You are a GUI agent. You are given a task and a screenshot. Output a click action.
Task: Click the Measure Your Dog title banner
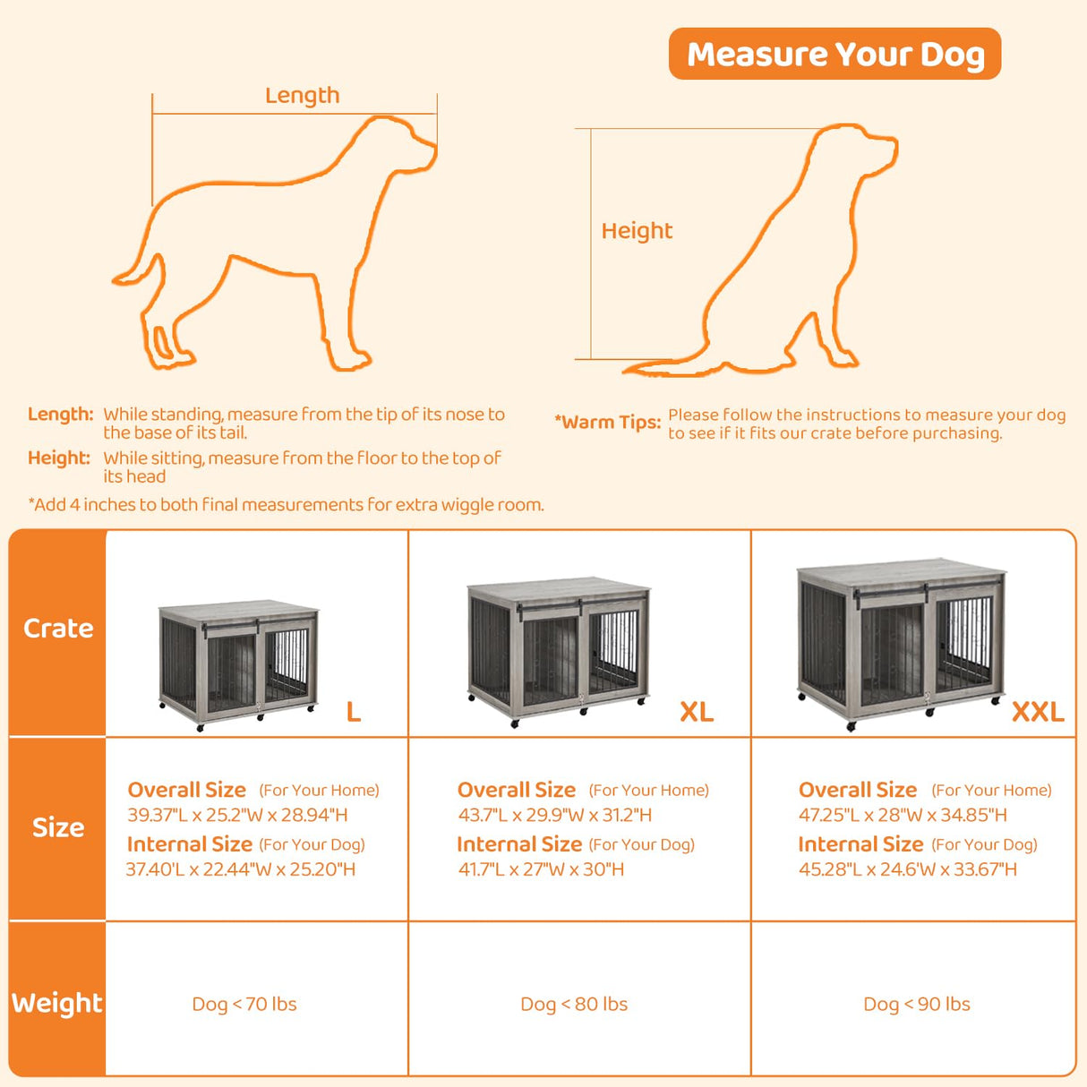(x=835, y=54)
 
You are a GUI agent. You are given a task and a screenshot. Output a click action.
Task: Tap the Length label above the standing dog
(x=302, y=95)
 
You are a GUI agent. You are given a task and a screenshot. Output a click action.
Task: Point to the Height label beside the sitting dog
(x=636, y=230)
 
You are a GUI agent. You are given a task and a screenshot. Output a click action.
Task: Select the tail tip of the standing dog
(x=117, y=280)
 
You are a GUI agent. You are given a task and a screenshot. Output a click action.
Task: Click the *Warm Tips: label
(x=607, y=422)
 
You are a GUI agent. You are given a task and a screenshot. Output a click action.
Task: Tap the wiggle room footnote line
(x=286, y=504)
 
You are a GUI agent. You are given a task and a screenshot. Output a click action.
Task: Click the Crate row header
(x=58, y=629)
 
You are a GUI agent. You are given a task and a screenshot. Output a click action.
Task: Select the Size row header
(x=58, y=827)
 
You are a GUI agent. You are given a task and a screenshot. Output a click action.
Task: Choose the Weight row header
(x=57, y=1003)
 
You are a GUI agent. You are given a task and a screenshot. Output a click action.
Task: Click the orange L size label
(x=354, y=712)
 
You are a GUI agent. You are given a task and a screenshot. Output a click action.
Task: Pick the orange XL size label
(x=696, y=712)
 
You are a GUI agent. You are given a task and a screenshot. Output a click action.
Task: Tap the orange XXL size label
(x=1037, y=712)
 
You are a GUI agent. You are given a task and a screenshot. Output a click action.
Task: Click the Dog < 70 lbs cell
(x=244, y=1004)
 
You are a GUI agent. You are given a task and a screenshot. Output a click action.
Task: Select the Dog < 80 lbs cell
(x=574, y=1004)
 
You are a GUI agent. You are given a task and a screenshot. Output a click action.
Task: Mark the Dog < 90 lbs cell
(x=916, y=1004)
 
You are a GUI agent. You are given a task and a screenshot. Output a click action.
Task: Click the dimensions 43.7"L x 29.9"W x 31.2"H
(x=555, y=815)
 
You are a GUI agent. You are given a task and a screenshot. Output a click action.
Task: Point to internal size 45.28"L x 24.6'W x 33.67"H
(x=907, y=869)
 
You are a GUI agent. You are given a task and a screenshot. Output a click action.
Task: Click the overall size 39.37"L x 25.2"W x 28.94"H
(x=237, y=815)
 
